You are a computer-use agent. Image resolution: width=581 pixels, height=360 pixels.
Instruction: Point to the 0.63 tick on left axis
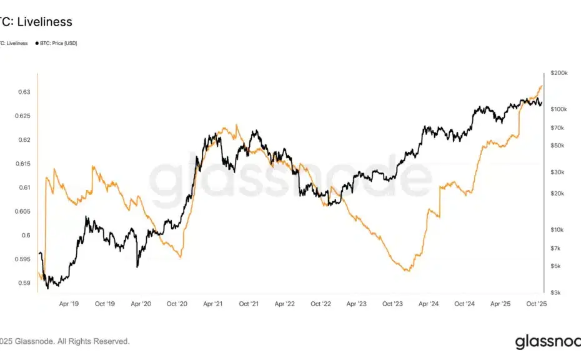[x=23, y=92]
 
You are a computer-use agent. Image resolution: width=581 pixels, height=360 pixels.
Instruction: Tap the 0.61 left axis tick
[x=23, y=187]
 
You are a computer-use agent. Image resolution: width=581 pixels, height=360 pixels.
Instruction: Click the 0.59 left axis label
[x=23, y=283]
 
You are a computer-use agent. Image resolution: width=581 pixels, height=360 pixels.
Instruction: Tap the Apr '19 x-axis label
[x=69, y=304]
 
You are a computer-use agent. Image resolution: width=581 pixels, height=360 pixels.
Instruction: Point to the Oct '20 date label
[x=177, y=304]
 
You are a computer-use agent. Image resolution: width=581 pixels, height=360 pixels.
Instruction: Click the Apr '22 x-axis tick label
[x=285, y=304]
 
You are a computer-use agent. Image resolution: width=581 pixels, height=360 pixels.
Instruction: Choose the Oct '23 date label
[x=393, y=304]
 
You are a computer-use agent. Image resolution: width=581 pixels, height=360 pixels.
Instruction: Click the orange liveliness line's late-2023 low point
[x=407, y=271]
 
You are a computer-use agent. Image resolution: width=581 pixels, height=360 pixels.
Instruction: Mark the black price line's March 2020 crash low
[x=137, y=267]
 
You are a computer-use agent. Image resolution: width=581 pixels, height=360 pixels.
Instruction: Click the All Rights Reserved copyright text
[x=93, y=341]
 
